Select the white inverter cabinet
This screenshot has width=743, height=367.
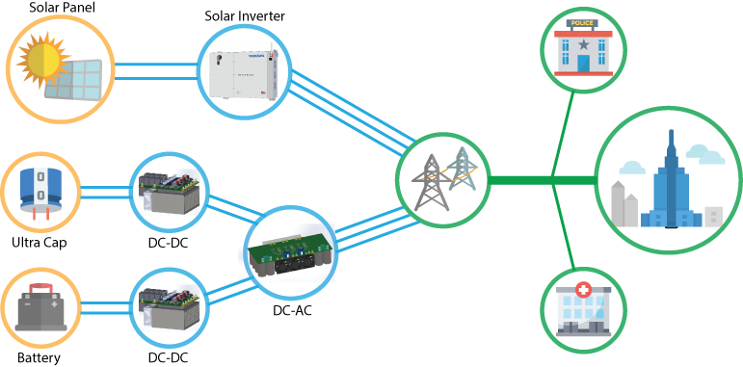click(x=244, y=72)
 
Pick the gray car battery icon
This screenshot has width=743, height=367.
click(x=40, y=308)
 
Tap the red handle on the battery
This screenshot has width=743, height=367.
click(x=40, y=287)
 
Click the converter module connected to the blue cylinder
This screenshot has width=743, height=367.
click(x=169, y=192)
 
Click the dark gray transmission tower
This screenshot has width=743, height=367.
click(x=432, y=183)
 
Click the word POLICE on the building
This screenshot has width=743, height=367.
click(x=582, y=23)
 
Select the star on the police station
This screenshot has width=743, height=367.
click(x=583, y=44)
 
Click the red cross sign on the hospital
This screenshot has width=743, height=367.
click(x=582, y=289)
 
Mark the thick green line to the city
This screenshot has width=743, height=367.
click(x=540, y=180)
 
